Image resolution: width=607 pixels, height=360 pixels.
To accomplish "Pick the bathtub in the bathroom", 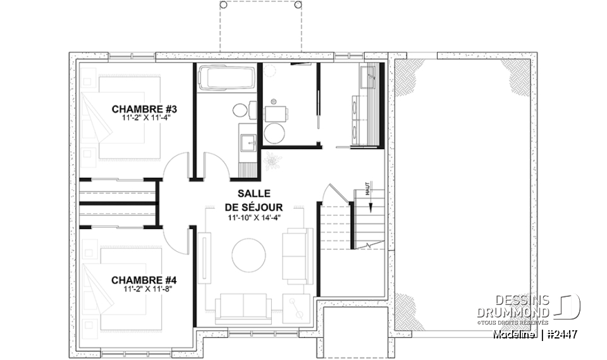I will click(226, 78).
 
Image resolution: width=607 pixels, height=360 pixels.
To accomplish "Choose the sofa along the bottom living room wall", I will click(243, 307).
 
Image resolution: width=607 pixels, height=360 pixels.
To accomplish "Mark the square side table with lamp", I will click(295, 309).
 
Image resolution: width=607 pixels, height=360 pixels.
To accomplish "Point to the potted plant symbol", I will click(273, 161).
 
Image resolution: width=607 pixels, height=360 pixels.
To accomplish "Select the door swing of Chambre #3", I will click(175, 166).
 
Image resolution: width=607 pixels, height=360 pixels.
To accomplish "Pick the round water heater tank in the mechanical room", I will click(275, 132).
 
